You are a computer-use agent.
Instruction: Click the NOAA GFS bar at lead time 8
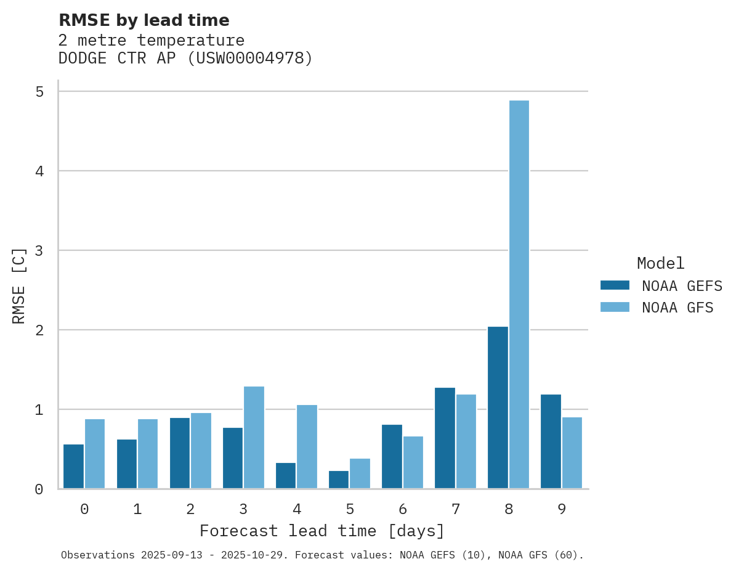coord(519,295)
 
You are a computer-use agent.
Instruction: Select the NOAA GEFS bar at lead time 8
coord(498,407)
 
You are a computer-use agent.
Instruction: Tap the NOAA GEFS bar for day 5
coord(339,480)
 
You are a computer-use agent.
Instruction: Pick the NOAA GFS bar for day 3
coord(254,438)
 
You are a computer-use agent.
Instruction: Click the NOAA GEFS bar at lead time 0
coord(74,466)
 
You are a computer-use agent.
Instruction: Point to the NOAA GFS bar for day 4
coord(307,447)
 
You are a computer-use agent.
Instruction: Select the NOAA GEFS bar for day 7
coord(445,438)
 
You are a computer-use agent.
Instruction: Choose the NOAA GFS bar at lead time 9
coord(572,453)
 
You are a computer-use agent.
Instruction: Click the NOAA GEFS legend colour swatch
coord(615,285)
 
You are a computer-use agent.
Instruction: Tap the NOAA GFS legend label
coord(677,308)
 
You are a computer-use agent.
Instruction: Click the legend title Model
coord(660,263)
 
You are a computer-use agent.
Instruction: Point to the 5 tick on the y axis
coord(39,92)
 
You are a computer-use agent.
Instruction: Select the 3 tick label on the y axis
coord(39,251)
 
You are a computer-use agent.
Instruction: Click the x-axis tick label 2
coord(190,509)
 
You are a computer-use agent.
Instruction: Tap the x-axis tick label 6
coord(403,509)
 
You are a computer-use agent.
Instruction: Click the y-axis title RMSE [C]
coord(19,285)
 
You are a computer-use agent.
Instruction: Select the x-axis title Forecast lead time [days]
coord(322,531)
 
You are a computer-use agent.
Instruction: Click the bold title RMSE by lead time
coord(144,20)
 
